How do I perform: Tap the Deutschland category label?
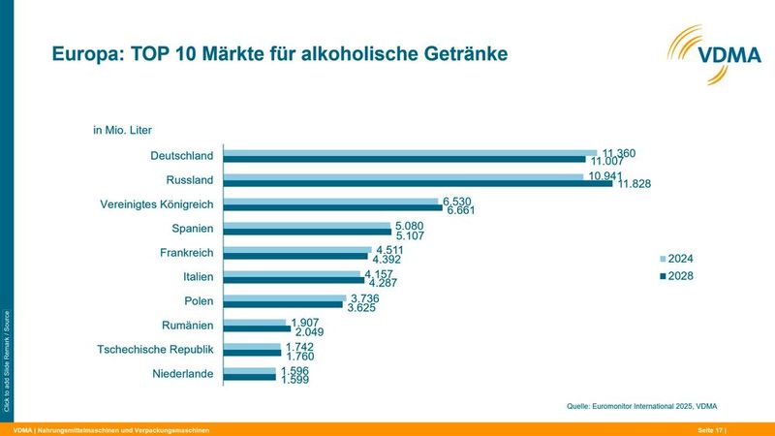181,156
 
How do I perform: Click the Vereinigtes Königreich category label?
157,204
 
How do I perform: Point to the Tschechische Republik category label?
156,350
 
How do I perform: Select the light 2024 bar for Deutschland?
411,152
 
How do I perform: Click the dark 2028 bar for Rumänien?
257,328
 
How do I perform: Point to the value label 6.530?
455,201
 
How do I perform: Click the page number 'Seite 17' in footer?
708,429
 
